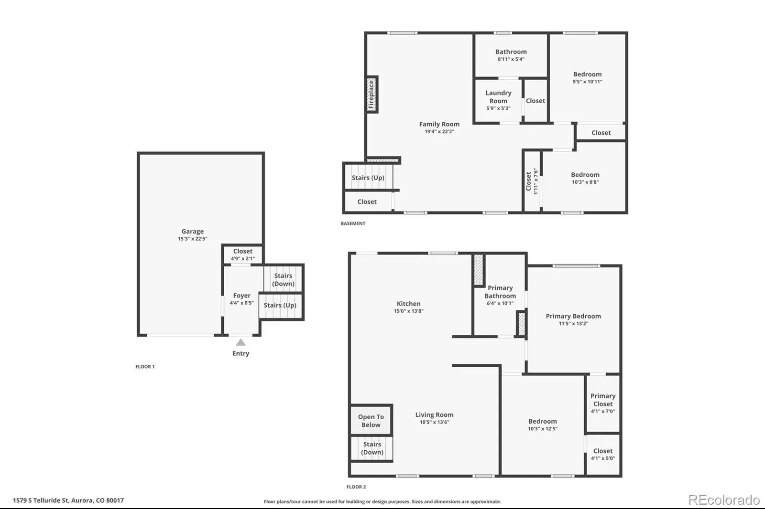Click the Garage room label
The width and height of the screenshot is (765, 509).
click(x=193, y=231)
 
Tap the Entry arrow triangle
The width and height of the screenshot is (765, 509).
click(x=241, y=342)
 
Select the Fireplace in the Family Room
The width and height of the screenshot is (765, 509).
click(x=372, y=94)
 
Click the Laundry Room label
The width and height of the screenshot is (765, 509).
click(x=498, y=97)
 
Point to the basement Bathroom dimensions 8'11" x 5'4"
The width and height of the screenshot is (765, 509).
click(x=511, y=59)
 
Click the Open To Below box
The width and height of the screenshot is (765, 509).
click(x=371, y=420)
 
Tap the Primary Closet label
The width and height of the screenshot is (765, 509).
click(x=603, y=400)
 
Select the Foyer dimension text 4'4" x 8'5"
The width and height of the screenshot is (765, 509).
click(x=242, y=303)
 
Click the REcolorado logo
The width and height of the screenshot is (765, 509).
click(x=724, y=500)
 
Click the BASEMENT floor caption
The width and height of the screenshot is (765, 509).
click(x=353, y=223)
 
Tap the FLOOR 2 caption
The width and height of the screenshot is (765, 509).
click(x=356, y=487)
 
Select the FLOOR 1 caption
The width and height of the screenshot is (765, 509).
click(x=145, y=367)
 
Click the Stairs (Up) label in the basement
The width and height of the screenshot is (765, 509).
click(x=368, y=178)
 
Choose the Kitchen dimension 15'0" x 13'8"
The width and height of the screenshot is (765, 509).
click(x=408, y=311)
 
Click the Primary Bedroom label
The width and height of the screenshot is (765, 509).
click(x=573, y=316)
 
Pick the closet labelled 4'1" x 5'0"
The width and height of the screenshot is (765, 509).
click(x=603, y=455)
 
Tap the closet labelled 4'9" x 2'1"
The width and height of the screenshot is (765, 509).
click(x=243, y=254)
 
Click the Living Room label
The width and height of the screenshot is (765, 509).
click(x=435, y=415)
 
